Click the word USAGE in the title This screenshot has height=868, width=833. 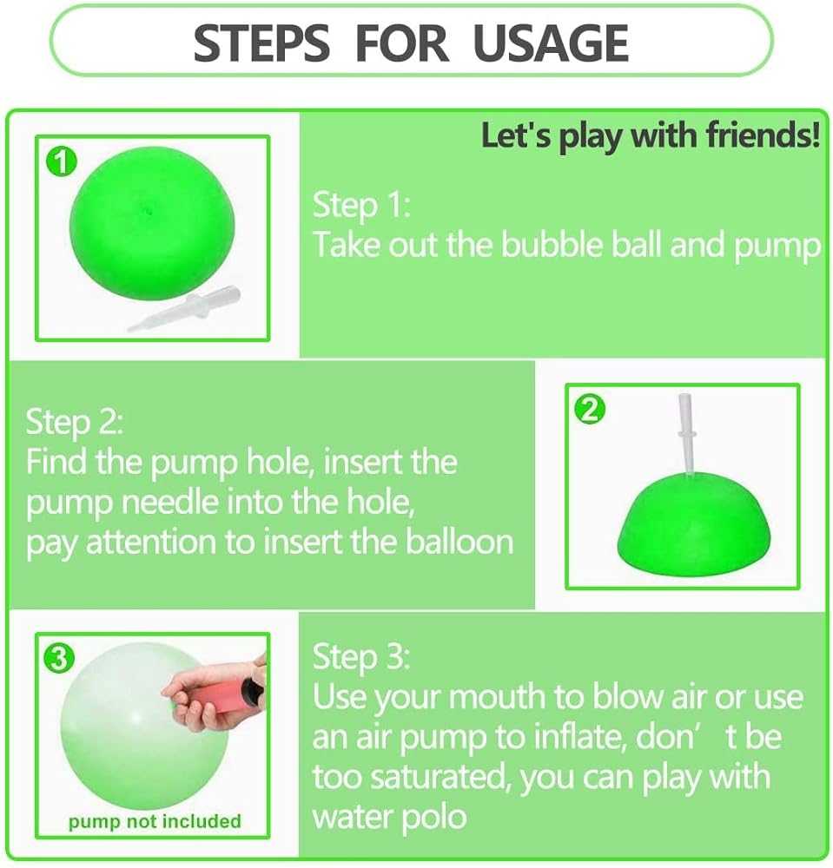pos(551,43)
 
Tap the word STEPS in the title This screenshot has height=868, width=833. pos(261,43)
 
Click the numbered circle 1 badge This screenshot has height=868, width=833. pos(62,162)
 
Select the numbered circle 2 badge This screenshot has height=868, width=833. pos(590,410)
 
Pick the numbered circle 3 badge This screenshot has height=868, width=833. pos(59,658)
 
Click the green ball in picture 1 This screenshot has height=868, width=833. pos(152,227)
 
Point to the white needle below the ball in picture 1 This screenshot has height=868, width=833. pos(184,309)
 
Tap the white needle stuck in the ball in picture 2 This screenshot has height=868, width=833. pos(685,434)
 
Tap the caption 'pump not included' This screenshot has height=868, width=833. pos(155,821)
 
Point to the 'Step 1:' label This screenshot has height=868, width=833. pos(361,206)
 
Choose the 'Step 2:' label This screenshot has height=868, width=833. pos(74,423)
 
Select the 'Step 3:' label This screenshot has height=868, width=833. pos(361,657)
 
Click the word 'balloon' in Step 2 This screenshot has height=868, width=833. pos(459,542)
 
